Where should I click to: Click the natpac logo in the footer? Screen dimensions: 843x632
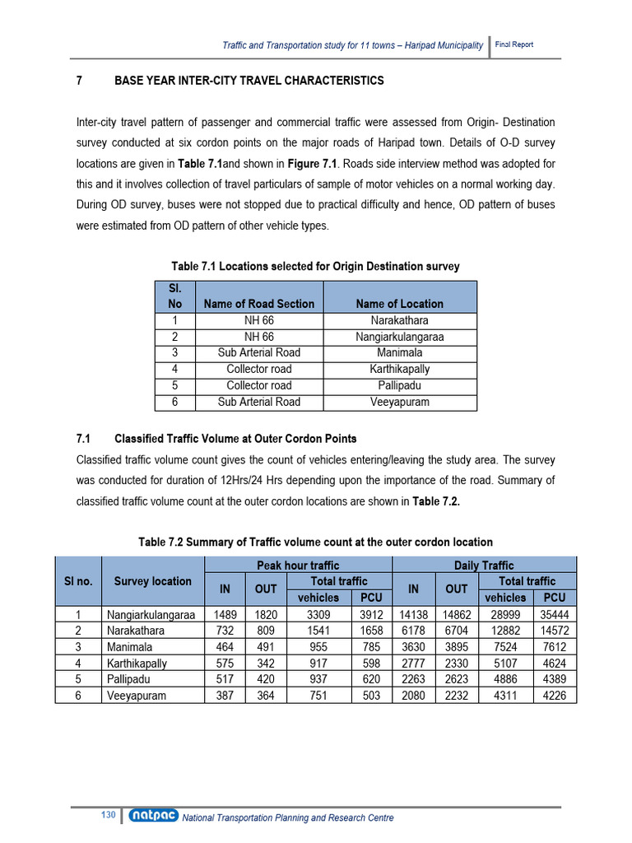[152, 817]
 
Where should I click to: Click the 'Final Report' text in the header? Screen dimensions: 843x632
[513, 44]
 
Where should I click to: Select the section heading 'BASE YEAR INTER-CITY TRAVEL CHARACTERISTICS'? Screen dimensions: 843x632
[249, 81]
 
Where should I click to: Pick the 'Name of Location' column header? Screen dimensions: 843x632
[399, 304]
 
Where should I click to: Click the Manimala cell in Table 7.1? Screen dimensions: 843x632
[399, 352]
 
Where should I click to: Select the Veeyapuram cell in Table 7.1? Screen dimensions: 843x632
[399, 402]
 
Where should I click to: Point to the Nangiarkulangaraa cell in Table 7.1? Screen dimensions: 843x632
[399, 337]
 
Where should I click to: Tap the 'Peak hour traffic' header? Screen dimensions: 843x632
[298, 566]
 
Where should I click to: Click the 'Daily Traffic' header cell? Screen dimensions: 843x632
[484, 566]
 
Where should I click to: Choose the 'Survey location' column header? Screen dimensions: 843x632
[152, 581]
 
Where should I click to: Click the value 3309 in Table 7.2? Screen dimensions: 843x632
[318, 614]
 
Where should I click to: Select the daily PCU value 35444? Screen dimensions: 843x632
[555, 614]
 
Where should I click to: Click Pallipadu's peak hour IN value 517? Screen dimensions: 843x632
[224, 679]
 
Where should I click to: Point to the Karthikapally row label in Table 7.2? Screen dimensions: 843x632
[137, 663]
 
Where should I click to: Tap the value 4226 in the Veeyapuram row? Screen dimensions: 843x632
[555, 696]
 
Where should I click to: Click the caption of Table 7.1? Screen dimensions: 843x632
[315, 266]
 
